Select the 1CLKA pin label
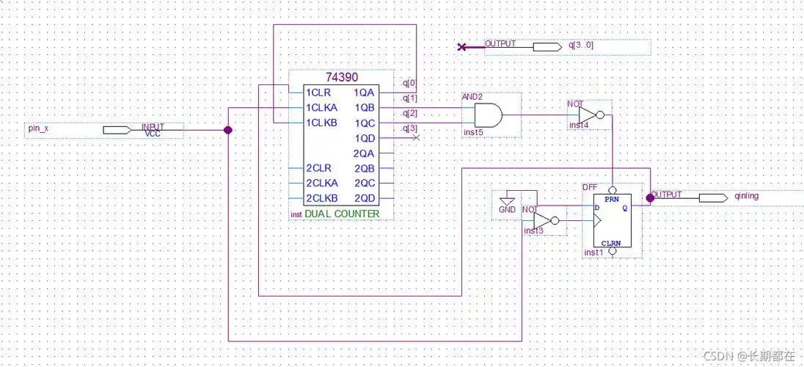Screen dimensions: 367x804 coord(322,107)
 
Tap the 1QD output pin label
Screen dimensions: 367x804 coord(365,138)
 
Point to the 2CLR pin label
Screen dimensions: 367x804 coord(319,168)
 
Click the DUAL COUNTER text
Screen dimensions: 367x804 coord(342,214)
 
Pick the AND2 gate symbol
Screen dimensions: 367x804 coord(489,115)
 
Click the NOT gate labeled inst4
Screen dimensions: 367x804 coord(589,115)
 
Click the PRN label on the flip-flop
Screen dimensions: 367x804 coord(610,199)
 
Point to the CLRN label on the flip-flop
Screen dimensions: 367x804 coord(611,242)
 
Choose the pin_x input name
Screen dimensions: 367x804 coord(38,128)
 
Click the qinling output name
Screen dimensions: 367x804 coord(745,197)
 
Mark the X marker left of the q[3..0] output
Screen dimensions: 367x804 coord(461,47)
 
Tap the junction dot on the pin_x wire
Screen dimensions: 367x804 coord(227,130)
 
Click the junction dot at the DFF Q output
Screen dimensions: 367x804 coord(650,197)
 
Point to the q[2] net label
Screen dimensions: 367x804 coord(410,113)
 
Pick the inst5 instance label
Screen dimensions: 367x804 coord(474,133)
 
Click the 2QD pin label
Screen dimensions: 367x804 coord(365,199)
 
